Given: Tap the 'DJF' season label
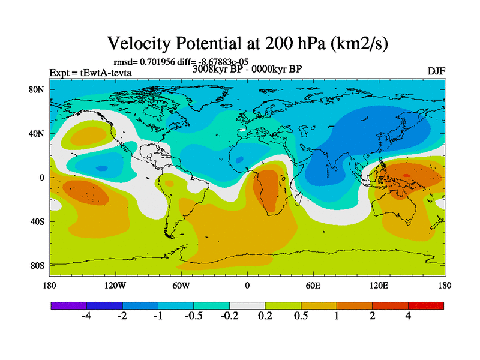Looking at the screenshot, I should (436, 71).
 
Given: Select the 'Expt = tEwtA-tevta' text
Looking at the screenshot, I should (90, 73).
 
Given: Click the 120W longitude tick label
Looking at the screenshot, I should (115, 285).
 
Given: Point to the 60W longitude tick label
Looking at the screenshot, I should (181, 285).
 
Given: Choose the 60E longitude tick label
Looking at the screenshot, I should (313, 285).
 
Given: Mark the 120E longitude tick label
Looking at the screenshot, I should (379, 285).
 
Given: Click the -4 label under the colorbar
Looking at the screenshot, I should (86, 316).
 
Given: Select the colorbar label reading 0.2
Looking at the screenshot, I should (265, 316).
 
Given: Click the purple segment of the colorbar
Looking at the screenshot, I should (68, 305).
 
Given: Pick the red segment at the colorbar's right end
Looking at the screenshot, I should (426, 305).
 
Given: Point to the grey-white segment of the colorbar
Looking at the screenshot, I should (247, 305).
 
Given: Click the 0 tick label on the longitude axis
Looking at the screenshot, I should (247, 285).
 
